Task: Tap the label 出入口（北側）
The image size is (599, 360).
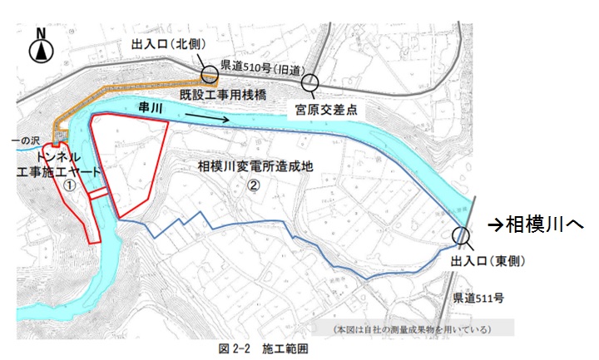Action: (x=168, y=44)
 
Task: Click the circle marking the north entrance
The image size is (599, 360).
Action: (x=208, y=76)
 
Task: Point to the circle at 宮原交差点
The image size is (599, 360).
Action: (x=310, y=82)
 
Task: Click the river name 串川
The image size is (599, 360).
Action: (x=155, y=109)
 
